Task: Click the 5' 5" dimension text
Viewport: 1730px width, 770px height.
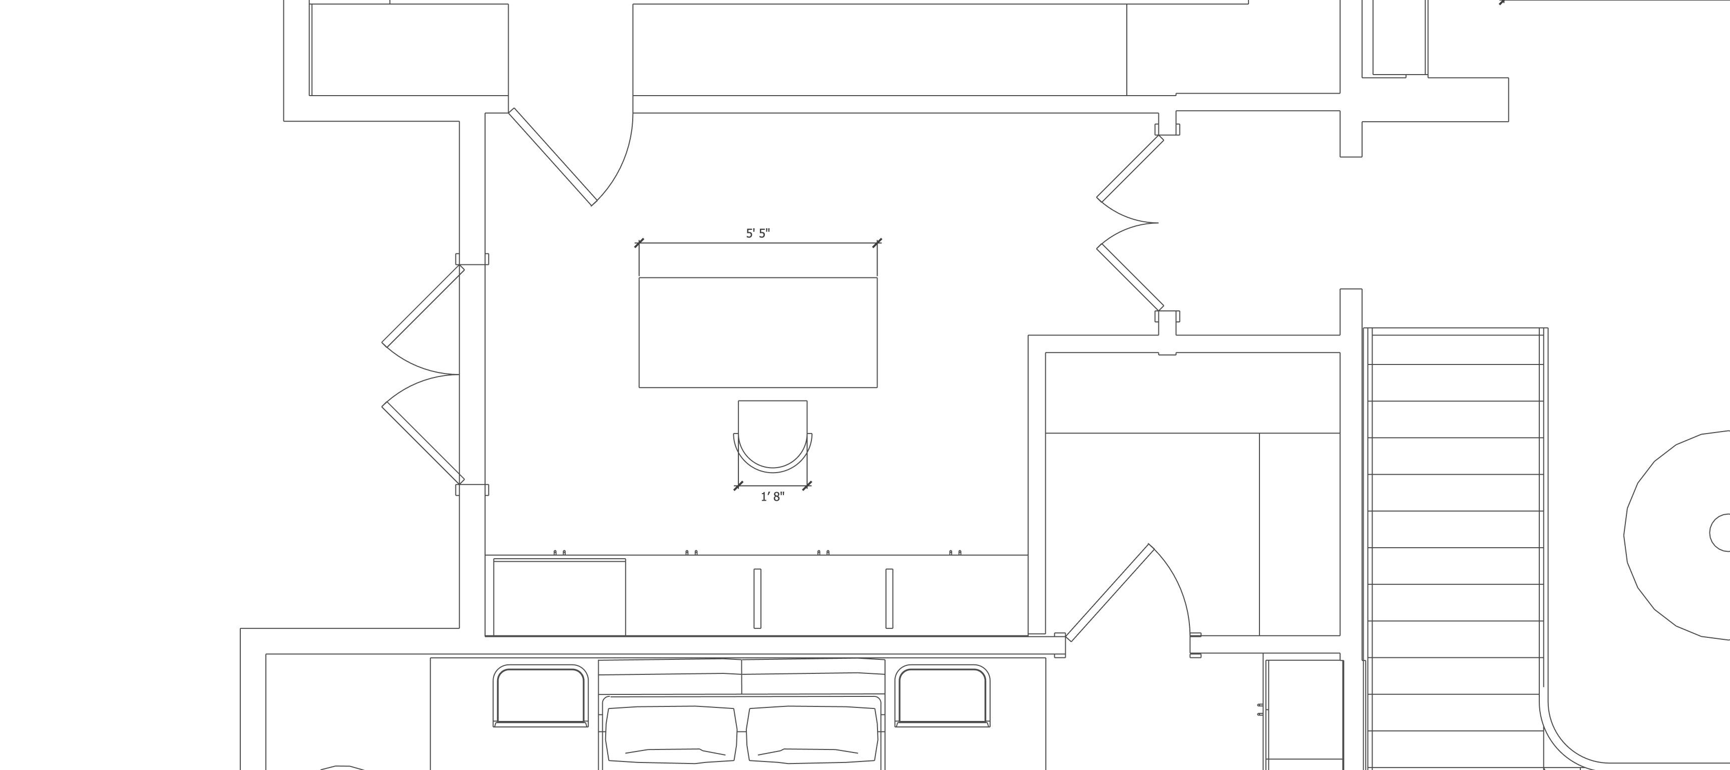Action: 757,233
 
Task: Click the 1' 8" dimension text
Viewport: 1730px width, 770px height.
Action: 772,497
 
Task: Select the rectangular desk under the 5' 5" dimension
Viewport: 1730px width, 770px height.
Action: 757,332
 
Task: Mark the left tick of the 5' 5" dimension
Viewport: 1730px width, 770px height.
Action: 639,242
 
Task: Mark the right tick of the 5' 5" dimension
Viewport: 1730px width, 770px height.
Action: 877,242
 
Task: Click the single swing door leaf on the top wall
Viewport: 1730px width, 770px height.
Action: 553,157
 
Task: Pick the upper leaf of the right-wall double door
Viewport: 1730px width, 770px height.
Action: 1130,167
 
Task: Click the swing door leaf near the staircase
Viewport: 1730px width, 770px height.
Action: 1109,593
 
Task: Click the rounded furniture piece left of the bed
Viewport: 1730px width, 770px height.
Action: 541,695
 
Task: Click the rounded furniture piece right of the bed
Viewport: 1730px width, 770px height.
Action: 942,695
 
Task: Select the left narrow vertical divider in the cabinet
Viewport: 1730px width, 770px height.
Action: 757,598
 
